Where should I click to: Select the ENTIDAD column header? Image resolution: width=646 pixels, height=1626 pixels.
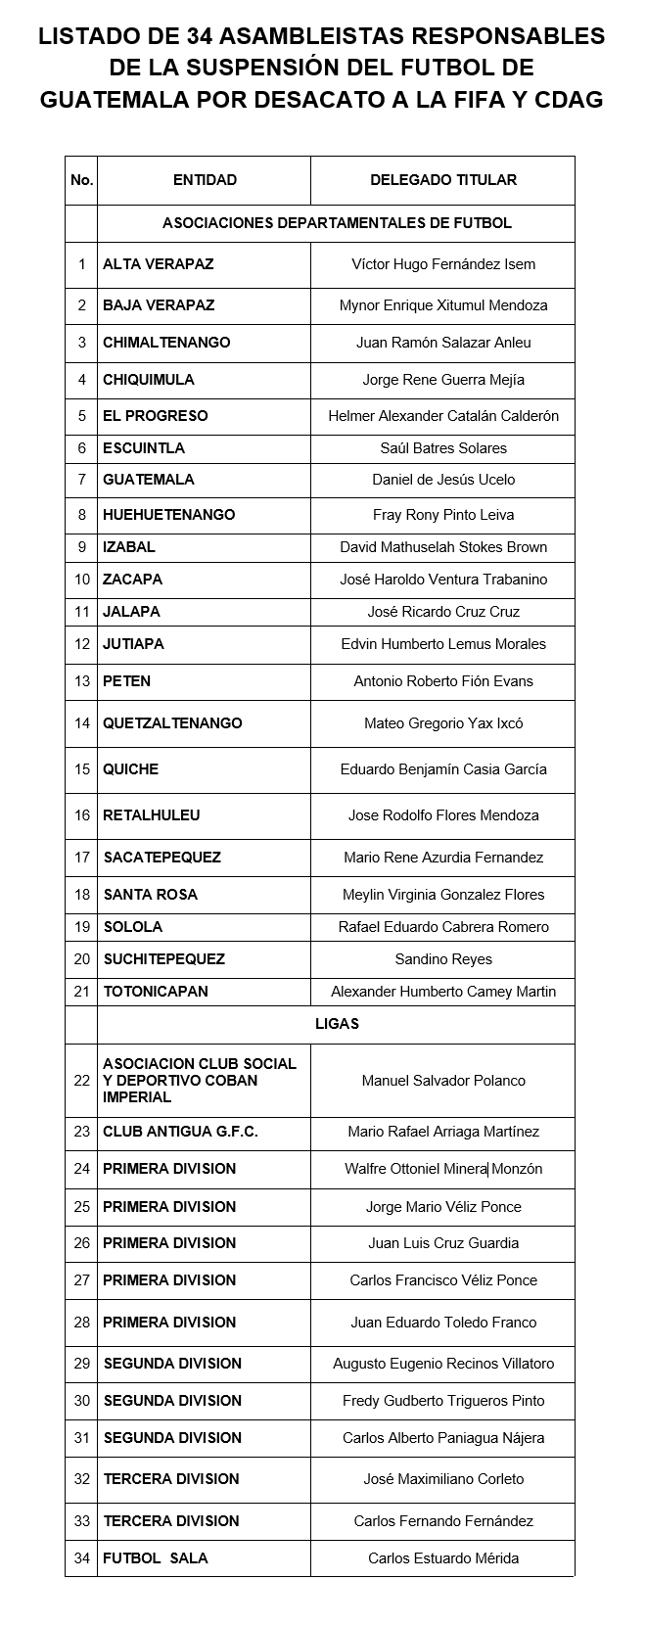coord(205,180)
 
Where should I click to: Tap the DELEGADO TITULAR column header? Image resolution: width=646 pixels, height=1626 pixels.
coord(442,180)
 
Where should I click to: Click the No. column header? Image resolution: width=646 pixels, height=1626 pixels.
coord(81,180)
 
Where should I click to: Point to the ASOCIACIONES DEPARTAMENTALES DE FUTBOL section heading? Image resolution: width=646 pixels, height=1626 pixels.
coord(336,223)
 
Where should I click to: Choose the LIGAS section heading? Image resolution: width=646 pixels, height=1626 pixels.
coord(336,1024)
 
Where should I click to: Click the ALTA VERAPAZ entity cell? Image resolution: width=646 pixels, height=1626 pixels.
coord(158,264)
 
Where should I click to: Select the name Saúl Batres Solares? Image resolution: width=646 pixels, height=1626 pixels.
coord(442,448)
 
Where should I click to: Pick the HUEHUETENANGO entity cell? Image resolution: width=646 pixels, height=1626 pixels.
coord(168,515)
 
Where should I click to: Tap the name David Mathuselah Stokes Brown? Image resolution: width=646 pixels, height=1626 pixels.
coord(442,547)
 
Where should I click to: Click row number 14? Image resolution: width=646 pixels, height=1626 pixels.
coord(81,723)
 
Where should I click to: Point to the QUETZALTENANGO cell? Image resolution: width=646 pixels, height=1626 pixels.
coord(172,723)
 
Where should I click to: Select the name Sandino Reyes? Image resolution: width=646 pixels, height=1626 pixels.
coord(442,959)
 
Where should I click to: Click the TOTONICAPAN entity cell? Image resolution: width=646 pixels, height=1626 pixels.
coord(156,992)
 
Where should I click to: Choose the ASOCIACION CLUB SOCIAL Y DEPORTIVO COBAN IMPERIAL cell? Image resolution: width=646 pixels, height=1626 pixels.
coord(199,1081)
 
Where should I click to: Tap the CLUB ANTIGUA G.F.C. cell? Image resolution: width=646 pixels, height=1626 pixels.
coord(180,1132)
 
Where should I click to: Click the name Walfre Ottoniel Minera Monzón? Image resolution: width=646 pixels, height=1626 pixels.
coord(442,1169)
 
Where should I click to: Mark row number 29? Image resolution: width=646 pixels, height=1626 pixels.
coord(81,1364)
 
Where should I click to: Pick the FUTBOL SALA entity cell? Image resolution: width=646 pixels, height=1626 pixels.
coord(155,1558)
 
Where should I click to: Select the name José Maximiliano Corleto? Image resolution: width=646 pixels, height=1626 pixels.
coord(442,1479)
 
